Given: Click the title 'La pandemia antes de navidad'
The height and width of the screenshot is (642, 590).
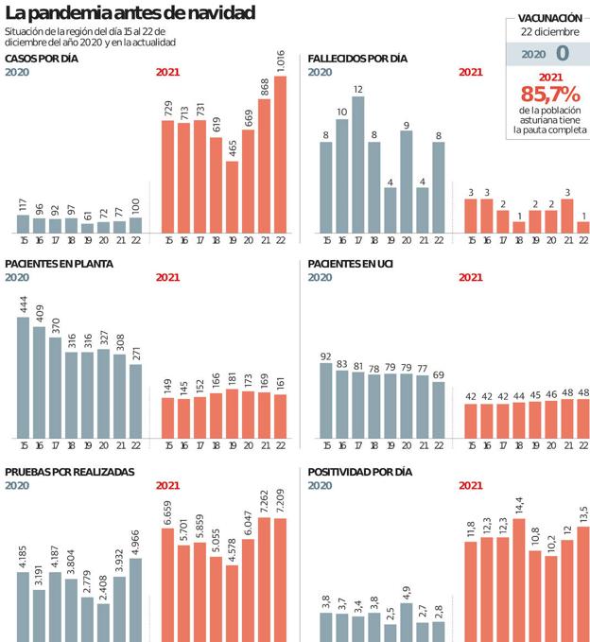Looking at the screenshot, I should (130, 14).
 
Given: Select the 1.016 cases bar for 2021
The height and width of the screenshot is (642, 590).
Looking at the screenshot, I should (280, 154).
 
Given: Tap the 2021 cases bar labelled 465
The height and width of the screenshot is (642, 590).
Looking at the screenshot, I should (233, 197).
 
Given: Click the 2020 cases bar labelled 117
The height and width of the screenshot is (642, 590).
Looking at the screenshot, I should (23, 223).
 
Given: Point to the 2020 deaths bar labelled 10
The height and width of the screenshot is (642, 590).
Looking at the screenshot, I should (342, 176).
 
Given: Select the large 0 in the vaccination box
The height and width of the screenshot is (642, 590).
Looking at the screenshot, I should (563, 53).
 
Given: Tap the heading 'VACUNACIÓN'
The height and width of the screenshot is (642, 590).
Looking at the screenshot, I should (549, 18).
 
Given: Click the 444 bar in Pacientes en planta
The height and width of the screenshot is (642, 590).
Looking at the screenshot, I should (23, 377).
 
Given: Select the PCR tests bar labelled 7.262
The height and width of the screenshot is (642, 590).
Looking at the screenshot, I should (265, 579).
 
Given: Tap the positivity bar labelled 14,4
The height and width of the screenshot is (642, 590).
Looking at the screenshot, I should (519, 580).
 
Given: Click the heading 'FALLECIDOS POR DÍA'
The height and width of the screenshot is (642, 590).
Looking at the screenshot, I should (357, 59).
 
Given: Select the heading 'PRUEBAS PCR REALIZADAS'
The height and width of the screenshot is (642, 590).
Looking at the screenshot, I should (70, 471).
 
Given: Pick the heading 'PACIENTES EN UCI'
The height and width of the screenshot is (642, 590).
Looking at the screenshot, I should (354, 264).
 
